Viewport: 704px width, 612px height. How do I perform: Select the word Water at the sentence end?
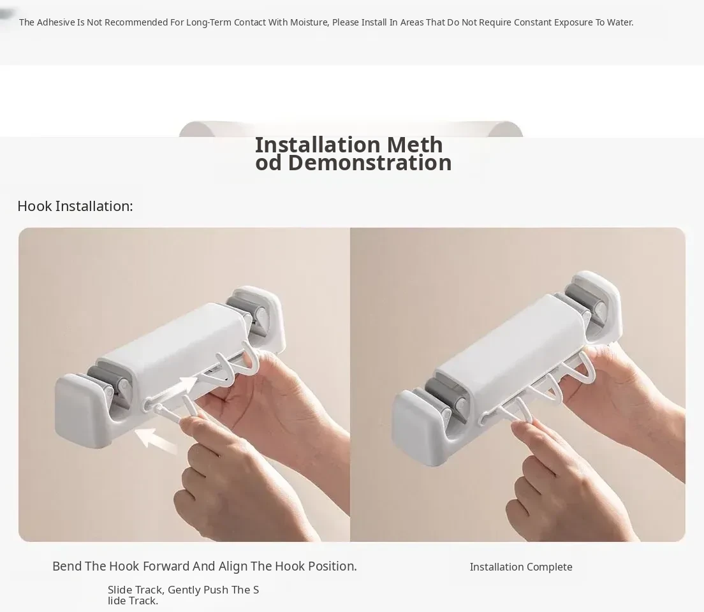[x=620, y=22]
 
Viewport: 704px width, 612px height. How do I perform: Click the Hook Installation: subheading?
[x=75, y=206]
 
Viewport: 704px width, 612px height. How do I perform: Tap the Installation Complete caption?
[x=521, y=567]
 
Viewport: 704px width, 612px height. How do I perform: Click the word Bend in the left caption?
[x=66, y=566]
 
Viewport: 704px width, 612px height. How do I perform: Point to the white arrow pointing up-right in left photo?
[x=181, y=386]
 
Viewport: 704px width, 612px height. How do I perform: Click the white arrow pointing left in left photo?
[x=156, y=440]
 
